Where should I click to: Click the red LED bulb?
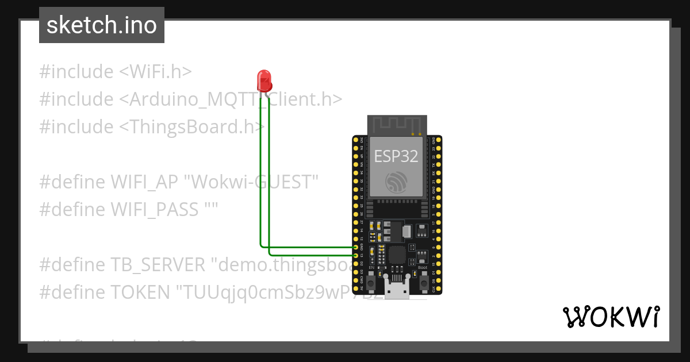click(x=264, y=80)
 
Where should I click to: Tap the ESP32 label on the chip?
click(x=396, y=155)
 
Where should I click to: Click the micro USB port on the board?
click(x=397, y=290)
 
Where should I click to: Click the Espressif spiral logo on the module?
click(x=396, y=182)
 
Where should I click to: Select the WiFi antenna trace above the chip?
click(x=397, y=125)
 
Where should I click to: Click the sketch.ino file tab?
click(x=102, y=25)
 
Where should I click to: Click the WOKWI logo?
click(x=611, y=317)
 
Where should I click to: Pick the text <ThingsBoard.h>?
click(x=191, y=126)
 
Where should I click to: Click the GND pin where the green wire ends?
click(x=356, y=247)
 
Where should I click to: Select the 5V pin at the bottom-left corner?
click(x=356, y=288)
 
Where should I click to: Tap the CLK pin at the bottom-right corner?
click(x=439, y=288)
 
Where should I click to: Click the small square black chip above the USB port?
click(x=397, y=254)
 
